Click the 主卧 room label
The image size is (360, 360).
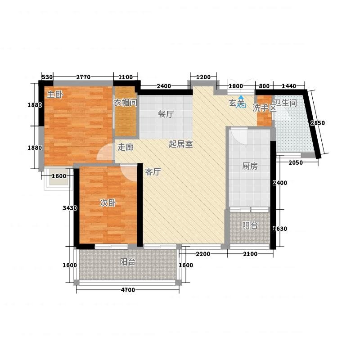(55, 94)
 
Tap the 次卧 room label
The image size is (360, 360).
(108, 203)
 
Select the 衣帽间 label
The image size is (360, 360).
(126, 103)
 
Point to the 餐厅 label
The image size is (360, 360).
(166, 114)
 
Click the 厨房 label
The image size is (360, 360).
(250, 166)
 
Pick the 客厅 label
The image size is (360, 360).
(153, 172)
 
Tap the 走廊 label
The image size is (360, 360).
(126, 147)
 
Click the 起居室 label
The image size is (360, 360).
(181, 144)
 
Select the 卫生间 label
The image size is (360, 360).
(285, 103)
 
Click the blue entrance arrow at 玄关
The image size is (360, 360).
(241, 97)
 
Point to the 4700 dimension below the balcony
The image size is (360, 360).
(128, 290)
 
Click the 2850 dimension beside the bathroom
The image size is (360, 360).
(318, 123)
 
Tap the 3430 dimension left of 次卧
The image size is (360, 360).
(70, 208)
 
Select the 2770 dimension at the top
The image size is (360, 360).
(83, 77)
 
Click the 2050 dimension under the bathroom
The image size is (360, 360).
(296, 163)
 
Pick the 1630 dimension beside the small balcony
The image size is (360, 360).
(279, 229)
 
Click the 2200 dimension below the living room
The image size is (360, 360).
(203, 254)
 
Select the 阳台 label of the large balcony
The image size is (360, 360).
(128, 262)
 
